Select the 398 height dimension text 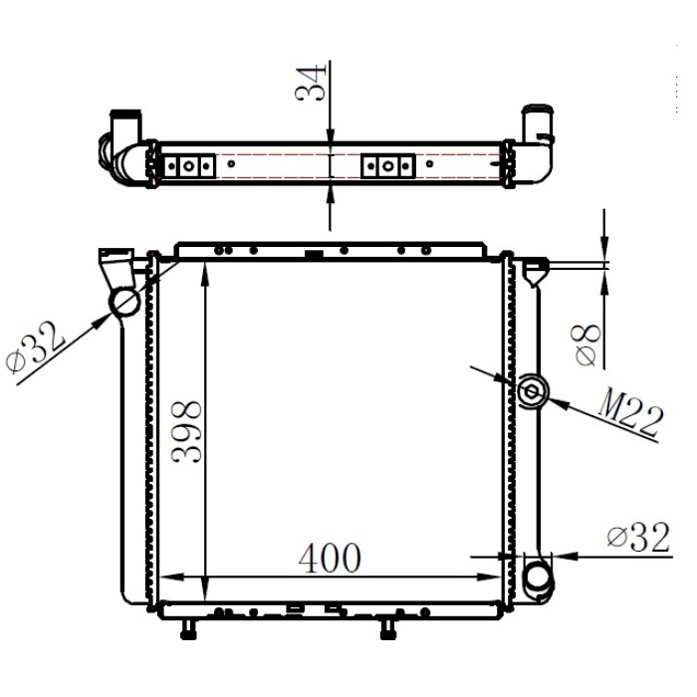point(187,430)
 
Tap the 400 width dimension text point(330,559)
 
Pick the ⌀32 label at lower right point(634,538)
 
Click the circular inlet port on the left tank point(126,302)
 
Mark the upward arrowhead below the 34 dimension point(330,191)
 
